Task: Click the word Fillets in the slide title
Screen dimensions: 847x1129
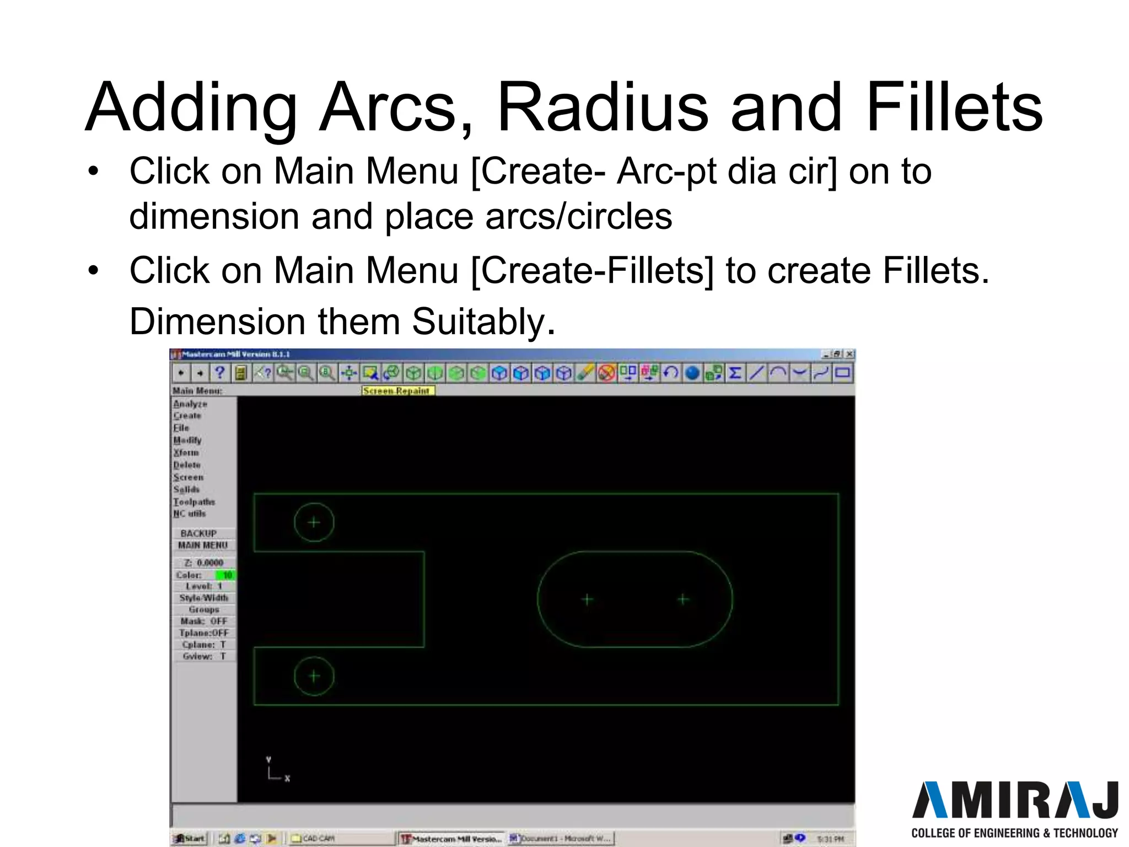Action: pos(954,108)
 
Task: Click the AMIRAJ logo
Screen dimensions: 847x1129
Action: pos(1014,801)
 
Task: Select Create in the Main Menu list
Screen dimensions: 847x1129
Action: pos(187,416)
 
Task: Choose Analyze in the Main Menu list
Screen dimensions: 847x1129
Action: pos(190,404)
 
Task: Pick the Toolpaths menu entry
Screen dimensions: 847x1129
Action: pos(194,502)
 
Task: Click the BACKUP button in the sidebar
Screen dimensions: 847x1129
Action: pos(198,533)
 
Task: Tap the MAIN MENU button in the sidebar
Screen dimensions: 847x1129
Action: pos(202,545)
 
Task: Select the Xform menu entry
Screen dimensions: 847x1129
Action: pos(186,453)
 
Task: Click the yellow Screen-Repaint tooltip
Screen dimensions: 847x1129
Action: pos(397,390)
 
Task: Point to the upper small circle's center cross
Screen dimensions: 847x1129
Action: pos(314,522)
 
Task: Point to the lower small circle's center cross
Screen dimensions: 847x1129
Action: pos(314,676)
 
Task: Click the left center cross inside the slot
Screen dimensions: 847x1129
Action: pos(587,599)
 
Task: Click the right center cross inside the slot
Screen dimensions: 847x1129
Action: pos(684,599)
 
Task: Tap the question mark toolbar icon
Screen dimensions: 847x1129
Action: pos(219,373)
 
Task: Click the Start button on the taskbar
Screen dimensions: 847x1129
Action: pos(189,839)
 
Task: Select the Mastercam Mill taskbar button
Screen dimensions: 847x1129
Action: pos(452,839)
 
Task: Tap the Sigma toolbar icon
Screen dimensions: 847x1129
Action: pos(734,373)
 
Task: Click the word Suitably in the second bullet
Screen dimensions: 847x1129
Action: pos(483,321)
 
